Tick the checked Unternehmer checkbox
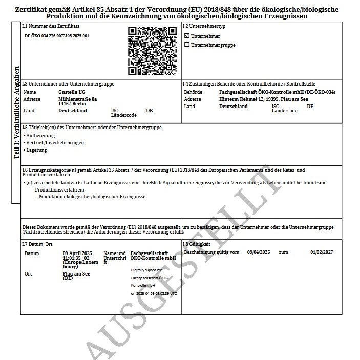click(x=187, y=36)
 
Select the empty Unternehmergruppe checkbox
click(x=187, y=45)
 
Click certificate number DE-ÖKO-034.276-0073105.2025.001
click(x=57, y=36)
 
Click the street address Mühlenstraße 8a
click(x=77, y=98)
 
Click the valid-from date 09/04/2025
click(x=259, y=252)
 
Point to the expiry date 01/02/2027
click(x=322, y=252)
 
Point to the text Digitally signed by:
click(x=146, y=270)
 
